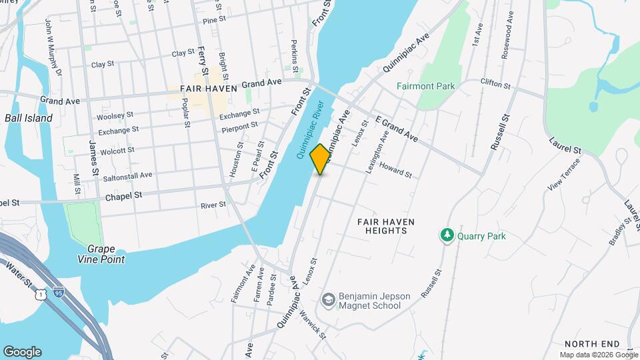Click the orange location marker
tap(321, 159)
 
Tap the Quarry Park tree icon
tap(446, 235)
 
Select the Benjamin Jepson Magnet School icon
tap(328, 300)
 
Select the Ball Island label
tap(28, 118)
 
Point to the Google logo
tap(22, 352)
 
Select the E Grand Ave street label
tap(397, 129)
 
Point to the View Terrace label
tap(559, 179)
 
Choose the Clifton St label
tap(495, 84)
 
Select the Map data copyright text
tap(597, 355)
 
